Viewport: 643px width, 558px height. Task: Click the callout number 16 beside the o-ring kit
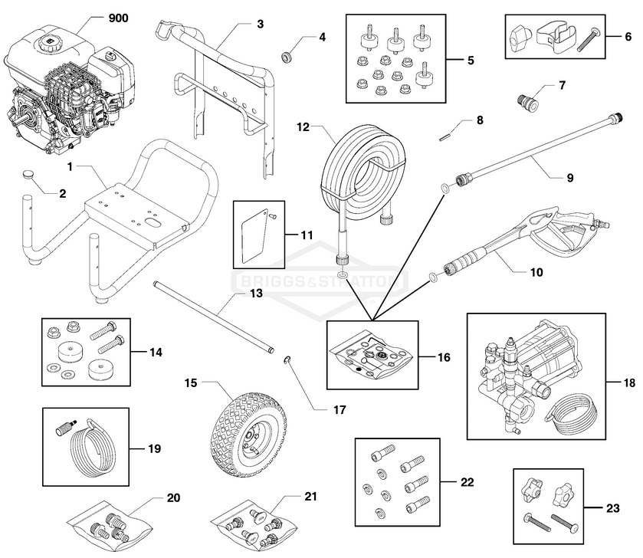click(x=443, y=357)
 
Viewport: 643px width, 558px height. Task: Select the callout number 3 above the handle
click(x=260, y=23)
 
